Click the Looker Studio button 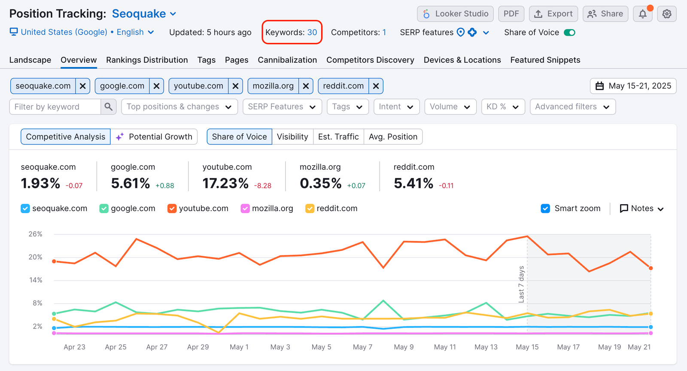click(x=455, y=14)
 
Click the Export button click(x=553, y=14)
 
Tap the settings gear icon click(x=667, y=14)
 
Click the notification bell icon click(x=643, y=14)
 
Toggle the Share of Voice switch click(x=569, y=33)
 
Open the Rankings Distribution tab click(x=147, y=60)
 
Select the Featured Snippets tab click(x=545, y=60)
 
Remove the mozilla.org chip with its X click(x=306, y=86)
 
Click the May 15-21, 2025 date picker click(x=633, y=86)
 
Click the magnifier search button click(x=109, y=107)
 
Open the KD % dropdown click(x=503, y=107)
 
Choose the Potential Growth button click(x=154, y=137)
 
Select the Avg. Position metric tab click(x=393, y=137)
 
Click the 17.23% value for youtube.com click(x=225, y=184)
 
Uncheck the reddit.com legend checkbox click(x=310, y=208)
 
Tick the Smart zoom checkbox click(x=545, y=208)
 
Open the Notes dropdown click(x=642, y=208)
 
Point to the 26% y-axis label click(x=35, y=234)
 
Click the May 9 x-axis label click(x=404, y=347)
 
